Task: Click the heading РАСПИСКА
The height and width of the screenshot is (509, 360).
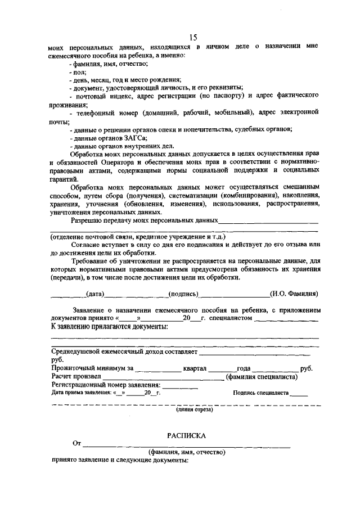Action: pos(186,435)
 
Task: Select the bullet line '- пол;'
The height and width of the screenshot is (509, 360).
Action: pos(77,73)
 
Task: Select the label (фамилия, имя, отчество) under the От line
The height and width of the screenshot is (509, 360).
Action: pos(186,452)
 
